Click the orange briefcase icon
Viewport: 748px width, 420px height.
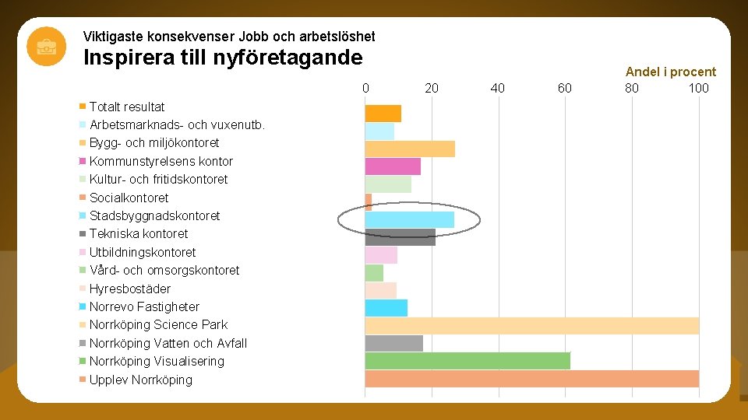point(46,46)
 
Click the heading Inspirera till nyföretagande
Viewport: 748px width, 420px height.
point(222,58)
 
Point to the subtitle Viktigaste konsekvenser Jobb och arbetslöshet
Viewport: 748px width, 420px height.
point(229,37)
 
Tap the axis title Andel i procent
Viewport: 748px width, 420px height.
point(670,72)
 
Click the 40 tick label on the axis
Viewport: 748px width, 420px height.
point(498,88)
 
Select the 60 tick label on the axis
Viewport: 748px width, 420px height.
point(565,88)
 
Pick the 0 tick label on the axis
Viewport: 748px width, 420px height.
point(365,88)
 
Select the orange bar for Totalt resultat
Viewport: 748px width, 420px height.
point(383,114)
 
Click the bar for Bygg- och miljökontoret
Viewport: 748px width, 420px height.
point(410,149)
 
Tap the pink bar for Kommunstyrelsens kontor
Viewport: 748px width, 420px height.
point(393,166)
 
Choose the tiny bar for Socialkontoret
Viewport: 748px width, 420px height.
point(369,201)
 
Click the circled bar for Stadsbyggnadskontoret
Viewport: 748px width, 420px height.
point(409,219)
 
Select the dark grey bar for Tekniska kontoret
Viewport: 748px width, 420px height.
point(400,237)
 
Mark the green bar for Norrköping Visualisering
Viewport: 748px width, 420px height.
point(467,361)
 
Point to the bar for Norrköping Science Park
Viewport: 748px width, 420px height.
point(531,325)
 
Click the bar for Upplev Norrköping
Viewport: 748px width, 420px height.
point(531,379)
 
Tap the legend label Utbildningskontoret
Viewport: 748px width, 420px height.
point(143,252)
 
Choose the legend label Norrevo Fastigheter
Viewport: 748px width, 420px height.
point(144,306)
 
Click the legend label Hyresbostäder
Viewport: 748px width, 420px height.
point(130,289)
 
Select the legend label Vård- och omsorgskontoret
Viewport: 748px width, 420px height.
point(164,270)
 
